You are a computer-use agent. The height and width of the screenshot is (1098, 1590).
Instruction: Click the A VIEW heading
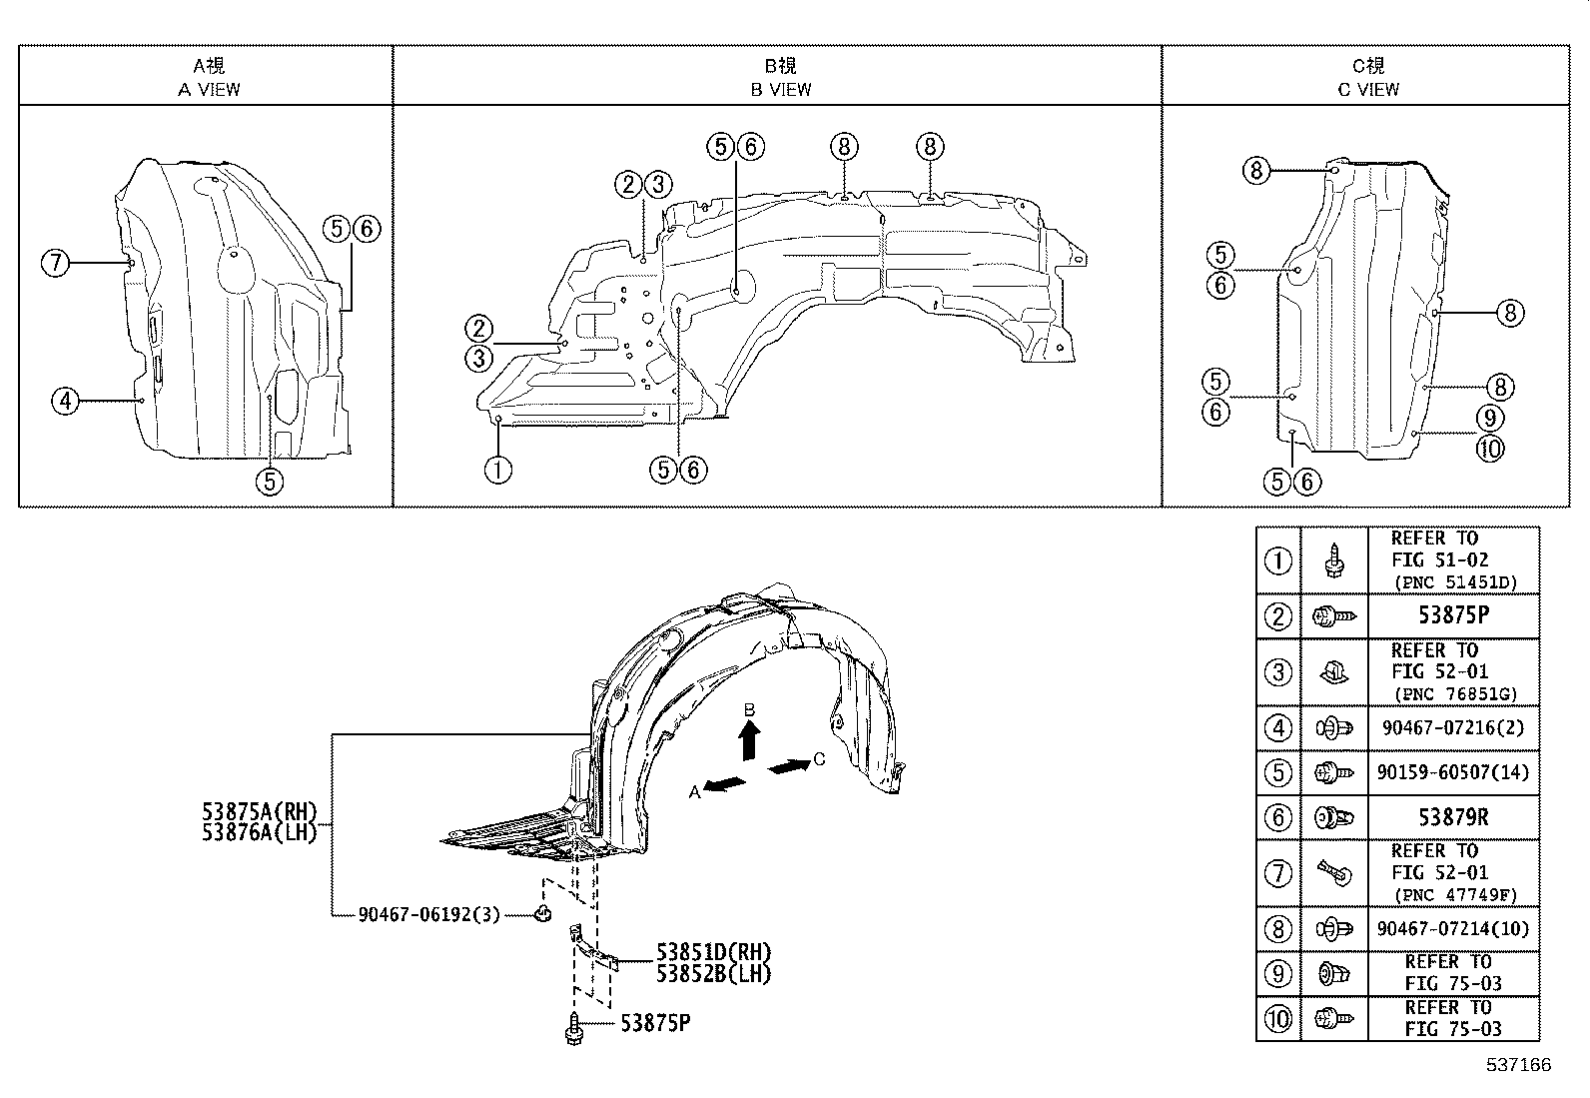coord(209,90)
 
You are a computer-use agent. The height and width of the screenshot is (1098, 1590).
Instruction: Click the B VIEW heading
coord(781,90)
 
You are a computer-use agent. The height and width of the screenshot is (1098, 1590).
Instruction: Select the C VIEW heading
coord(1368,90)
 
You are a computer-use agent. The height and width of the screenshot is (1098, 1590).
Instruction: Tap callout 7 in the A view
coord(55,263)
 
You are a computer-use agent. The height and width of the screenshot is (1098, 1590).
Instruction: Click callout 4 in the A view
coord(65,402)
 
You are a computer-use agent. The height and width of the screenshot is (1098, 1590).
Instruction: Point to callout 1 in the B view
coord(497,470)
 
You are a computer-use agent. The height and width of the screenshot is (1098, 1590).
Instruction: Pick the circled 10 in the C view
coord(1490,449)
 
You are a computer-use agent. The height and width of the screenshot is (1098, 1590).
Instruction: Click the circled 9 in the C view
coord(1490,418)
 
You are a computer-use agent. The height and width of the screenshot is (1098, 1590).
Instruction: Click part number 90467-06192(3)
coord(428,914)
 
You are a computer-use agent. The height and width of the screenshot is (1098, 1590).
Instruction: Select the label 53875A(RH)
coord(259,811)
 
